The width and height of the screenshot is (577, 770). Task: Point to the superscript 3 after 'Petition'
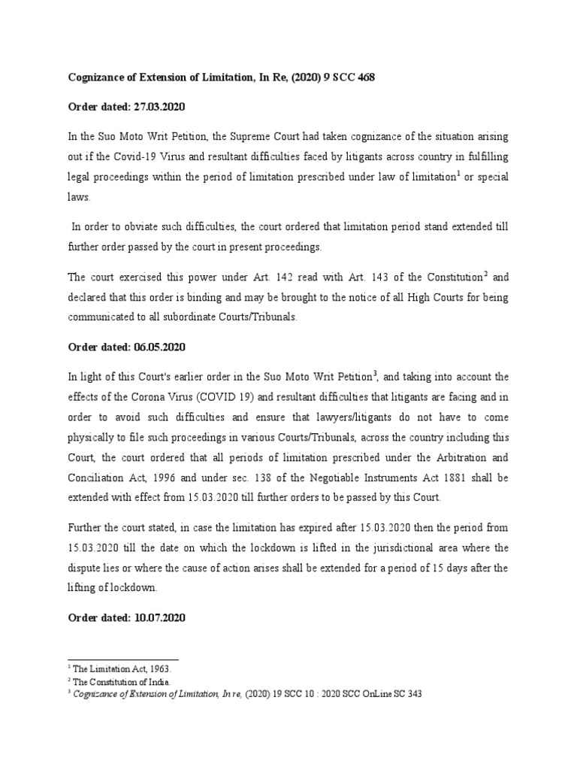click(x=375, y=371)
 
